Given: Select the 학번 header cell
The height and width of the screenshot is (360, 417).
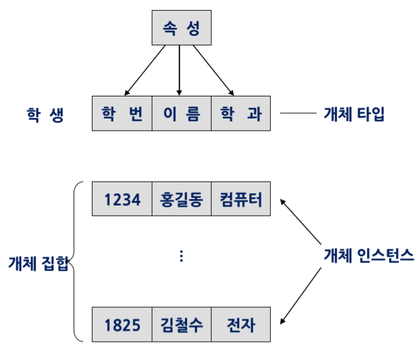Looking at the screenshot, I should point(122,113).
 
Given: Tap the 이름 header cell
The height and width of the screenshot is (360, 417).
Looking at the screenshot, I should point(181,113).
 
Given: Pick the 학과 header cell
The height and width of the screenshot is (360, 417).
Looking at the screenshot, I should point(241,113).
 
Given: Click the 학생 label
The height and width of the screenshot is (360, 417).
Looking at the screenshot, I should point(45,115).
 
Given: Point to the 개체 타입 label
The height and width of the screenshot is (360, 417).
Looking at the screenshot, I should point(353,114).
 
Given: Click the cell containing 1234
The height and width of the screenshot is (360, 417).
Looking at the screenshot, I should point(122,200).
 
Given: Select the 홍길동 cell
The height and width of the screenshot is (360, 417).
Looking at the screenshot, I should point(181,200).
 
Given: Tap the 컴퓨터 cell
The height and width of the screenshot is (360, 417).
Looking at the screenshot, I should point(241,200).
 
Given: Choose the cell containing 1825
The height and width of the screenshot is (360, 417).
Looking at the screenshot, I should point(122,325).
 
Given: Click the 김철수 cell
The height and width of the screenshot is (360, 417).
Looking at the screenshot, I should point(181,325).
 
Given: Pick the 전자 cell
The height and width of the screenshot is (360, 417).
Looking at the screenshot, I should point(241,325).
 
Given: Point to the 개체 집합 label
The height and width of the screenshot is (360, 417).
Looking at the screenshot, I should point(37,260).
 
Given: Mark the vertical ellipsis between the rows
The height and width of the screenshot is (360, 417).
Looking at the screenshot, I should point(181,255).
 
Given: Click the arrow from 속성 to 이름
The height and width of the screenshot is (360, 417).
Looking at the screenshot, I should point(180,69).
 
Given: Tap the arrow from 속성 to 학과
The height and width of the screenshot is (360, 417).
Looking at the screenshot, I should point(214,70).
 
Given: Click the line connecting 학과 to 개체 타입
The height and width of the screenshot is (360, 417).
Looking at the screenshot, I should point(297,114).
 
